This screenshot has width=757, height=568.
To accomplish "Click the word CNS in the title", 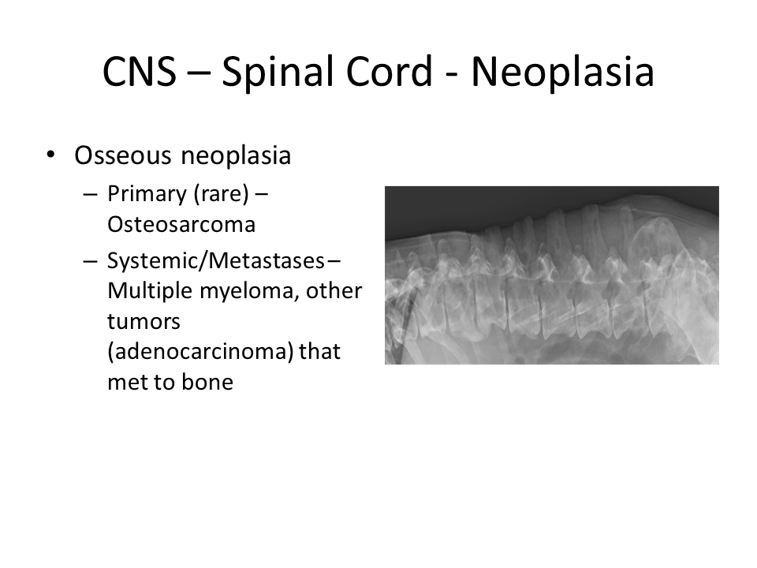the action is (x=140, y=72).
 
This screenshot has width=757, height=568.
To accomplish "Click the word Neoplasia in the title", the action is (x=562, y=73).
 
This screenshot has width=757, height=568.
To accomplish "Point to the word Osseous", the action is (x=123, y=156).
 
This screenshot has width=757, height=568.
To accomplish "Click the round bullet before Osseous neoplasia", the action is (x=50, y=155).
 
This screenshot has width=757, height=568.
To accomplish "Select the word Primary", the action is (x=147, y=195).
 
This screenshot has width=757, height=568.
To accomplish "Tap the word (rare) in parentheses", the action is (x=221, y=194).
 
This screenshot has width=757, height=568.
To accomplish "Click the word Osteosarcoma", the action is (x=181, y=225).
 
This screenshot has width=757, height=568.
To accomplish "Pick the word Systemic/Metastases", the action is (x=216, y=261).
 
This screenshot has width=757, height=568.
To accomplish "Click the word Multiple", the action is (x=150, y=291).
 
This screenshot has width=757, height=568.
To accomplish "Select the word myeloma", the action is (x=250, y=292).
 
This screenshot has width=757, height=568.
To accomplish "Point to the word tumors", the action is (x=144, y=322).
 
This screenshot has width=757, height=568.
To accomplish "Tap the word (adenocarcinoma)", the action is (x=200, y=352).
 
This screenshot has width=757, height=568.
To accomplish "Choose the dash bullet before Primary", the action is (x=90, y=195).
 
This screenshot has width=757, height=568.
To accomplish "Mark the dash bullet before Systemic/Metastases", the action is (x=90, y=262).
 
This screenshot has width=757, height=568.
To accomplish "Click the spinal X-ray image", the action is (x=552, y=275).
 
